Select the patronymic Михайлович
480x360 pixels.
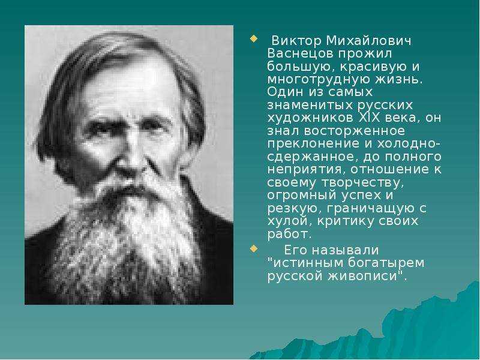368,41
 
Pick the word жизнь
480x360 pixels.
399,79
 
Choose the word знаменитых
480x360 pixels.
309,104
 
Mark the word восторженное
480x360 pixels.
355,131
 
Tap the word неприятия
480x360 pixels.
307,169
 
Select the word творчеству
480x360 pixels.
362,182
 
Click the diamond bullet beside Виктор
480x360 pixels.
253,38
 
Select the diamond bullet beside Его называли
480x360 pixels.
253,248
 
